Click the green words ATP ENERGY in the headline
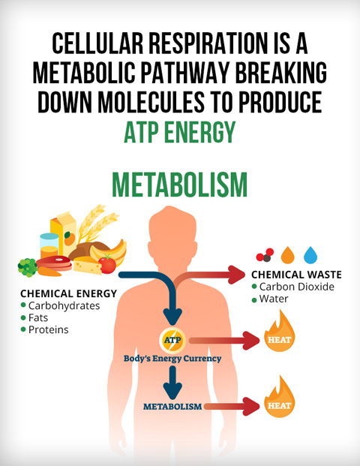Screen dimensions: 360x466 pos(180,132)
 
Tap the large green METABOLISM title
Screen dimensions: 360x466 pos(180,185)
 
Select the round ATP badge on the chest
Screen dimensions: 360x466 pos(172,340)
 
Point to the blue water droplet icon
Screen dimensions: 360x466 pos(310,255)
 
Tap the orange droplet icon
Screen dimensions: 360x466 pos(287,255)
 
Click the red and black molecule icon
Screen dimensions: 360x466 pos(265,255)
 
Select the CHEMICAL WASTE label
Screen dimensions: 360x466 pos(296,275)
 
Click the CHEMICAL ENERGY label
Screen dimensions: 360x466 pos(68,293)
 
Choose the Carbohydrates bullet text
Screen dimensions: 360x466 pos(64,306)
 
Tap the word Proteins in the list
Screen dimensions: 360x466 pos(49,330)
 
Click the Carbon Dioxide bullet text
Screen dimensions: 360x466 pos(296,287)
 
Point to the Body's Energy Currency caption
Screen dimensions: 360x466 pos(172,359)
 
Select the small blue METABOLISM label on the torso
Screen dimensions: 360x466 pos(172,407)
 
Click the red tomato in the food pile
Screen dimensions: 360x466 pos(107,264)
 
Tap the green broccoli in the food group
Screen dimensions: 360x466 pos(27,267)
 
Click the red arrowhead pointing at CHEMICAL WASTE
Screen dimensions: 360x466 pos(236,275)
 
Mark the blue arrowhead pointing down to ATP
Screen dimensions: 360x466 pos(172,317)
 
